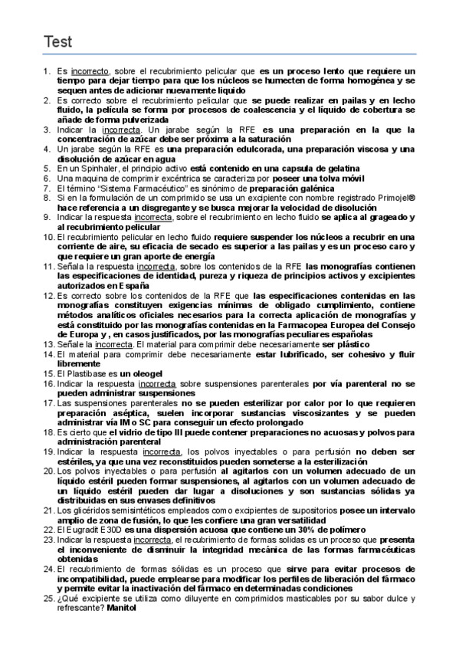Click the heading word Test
57,41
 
